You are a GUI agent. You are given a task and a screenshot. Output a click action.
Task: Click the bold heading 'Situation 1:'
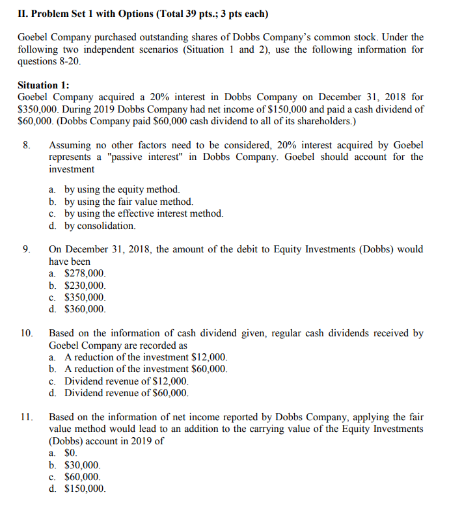pyautogui.click(x=44, y=85)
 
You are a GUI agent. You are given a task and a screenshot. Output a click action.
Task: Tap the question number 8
pyautogui.click(x=26, y=145)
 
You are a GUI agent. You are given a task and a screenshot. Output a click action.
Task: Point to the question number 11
pyautogui.click(x=27, y=417)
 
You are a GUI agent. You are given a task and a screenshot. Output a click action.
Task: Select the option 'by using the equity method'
pyautogui.click(x=122, y=189)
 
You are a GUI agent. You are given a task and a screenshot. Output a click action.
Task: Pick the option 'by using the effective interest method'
pyautogui.click(x=143, y=213)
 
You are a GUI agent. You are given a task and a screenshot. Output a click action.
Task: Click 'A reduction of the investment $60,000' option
pyautogui.click(x=146, y=369)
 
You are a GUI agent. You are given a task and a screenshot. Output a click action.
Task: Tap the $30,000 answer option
pyautogui.click(x=83, y=465)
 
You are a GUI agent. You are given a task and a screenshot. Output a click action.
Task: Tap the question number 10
pyautogui.click(x=27, y=333)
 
